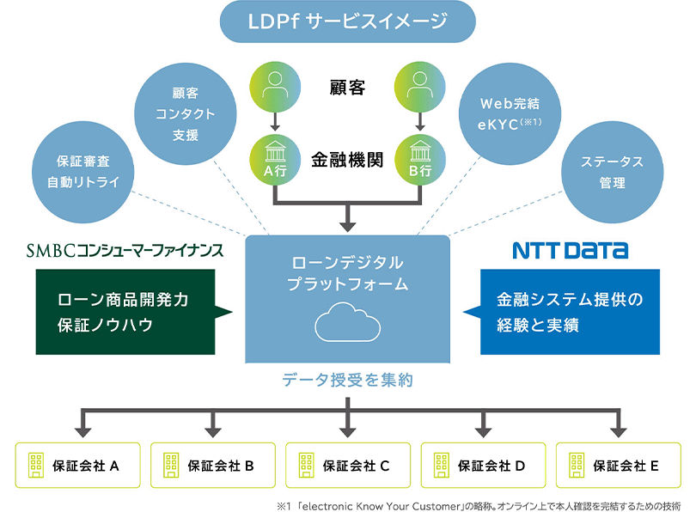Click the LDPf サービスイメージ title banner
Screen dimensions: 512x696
click(348, 22)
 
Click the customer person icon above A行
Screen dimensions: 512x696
click(274, 86)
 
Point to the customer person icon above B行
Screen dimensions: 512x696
click(421, 86)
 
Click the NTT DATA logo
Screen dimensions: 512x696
click(570, 250)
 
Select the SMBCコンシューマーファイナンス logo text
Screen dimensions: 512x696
click(125, 250)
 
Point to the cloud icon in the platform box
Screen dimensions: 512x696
click(347, 325)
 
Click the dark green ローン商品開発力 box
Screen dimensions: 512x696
click(125, 312)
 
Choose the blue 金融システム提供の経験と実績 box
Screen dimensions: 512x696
click(570, 312)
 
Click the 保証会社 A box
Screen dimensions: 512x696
click(78, 466)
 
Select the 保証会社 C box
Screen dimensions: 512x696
click(348, 466)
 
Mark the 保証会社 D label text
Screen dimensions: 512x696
click(491, 466)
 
